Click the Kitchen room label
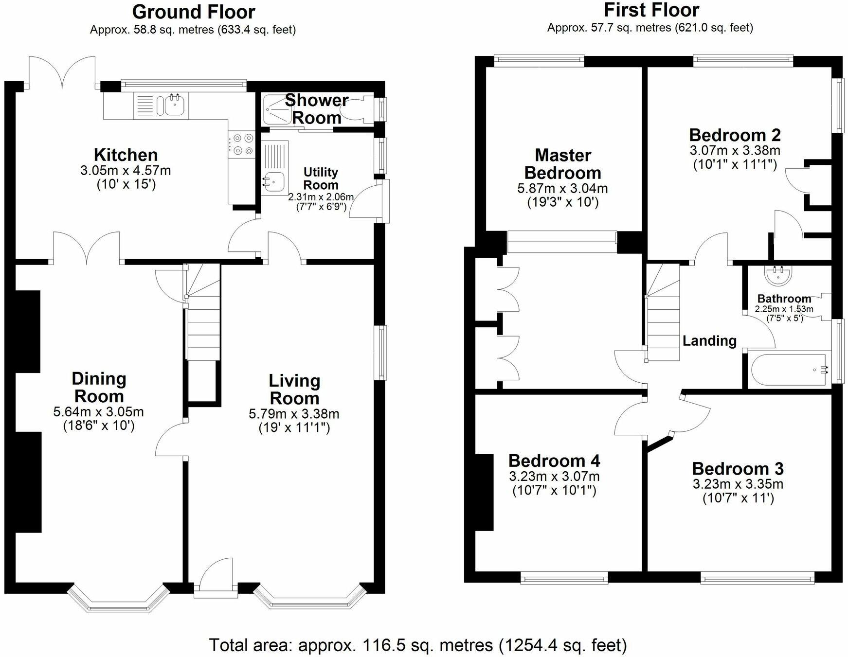pos(126,155)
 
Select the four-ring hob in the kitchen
pos(242,144)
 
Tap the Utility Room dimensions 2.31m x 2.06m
pos(321,197)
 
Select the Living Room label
pos(294,390)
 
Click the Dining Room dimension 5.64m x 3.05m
pos(99,412)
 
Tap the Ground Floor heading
pos(194,11)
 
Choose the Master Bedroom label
pos(563,164)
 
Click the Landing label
pos(709,340)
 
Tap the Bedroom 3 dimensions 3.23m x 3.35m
pos(738,484)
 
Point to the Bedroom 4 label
pos(554,461)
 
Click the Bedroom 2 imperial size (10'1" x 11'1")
pos(735,164)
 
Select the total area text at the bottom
pos(418,645)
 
